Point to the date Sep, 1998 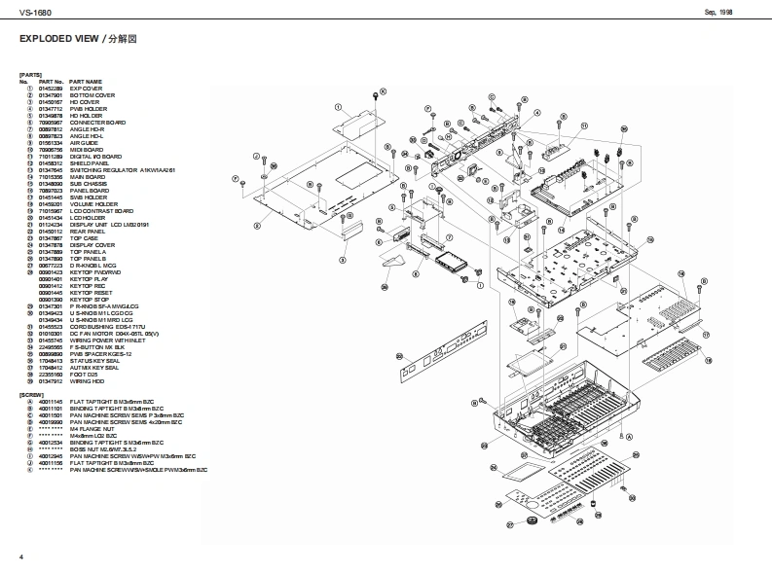[718, 12]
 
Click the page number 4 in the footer [20, 555]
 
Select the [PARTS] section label [30, 75]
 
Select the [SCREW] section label [32, 394]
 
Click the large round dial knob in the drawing [533, 522]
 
